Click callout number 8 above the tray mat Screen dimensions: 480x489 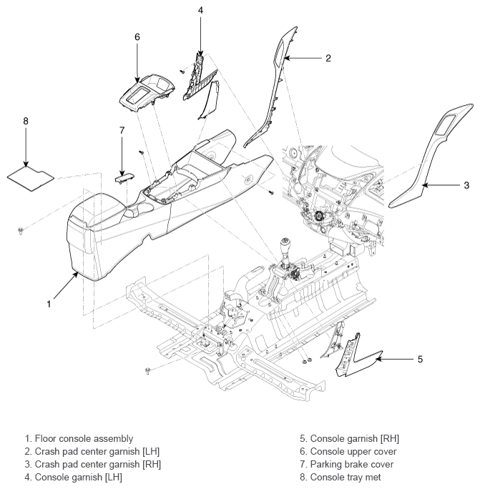pos(26,121)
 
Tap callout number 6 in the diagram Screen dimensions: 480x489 pos(137,37)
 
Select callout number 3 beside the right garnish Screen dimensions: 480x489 pos(466,185)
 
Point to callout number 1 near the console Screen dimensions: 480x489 pos(49,304)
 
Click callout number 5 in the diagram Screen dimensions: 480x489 pos(420,360)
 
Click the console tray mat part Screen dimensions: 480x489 pos(31,179)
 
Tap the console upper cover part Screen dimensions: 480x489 pos(147,92)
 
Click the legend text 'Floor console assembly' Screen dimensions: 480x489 pos(84,438)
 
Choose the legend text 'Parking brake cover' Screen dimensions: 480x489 pos(352,465)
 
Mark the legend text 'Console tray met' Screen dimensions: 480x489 pos(346,477)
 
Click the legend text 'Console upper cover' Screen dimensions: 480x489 pos(353,451)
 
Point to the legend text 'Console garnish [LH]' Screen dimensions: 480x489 pos(79,477)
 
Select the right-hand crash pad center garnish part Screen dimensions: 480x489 pos(431,156)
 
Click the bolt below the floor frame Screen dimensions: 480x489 pos(147,371)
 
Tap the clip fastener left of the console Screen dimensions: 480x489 pos(21,231)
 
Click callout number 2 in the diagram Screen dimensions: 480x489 pos(328,58)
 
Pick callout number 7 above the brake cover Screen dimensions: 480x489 pos(122,130)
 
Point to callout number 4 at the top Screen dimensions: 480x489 pos(200,10)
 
